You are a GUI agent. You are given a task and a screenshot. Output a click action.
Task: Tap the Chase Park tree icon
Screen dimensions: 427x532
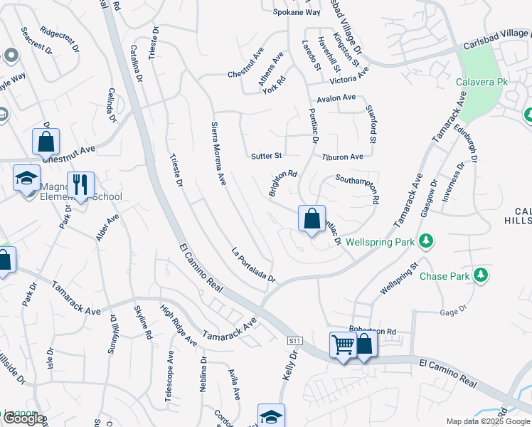tap(481, 275)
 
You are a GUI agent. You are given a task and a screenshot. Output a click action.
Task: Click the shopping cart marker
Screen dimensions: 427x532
tap(344, 346)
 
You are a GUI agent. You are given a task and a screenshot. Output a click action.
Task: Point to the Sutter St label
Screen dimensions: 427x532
tap(267, 155)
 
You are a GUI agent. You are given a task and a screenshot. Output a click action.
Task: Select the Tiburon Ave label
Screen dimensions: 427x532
tap(342, 157)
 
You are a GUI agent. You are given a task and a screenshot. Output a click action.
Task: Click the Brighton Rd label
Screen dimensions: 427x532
tap(282, 183)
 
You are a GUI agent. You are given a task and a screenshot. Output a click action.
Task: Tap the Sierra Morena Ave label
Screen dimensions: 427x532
tap(218, 154)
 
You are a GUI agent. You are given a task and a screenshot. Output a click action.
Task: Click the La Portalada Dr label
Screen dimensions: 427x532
tap(253, 265)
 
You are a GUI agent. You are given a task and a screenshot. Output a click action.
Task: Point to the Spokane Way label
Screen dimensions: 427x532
tap(297, 12)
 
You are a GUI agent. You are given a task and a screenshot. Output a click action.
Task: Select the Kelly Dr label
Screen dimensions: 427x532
tap(289, 364)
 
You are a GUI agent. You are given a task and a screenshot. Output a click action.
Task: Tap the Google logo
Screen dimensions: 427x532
tap(23, 419)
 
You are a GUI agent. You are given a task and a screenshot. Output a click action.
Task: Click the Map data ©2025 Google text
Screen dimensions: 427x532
tap(487, 421)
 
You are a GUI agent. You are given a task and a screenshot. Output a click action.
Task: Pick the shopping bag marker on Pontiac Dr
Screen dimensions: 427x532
tap(312, 219)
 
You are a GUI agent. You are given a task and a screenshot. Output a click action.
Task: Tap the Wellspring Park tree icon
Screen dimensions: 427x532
tap(426, 242)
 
